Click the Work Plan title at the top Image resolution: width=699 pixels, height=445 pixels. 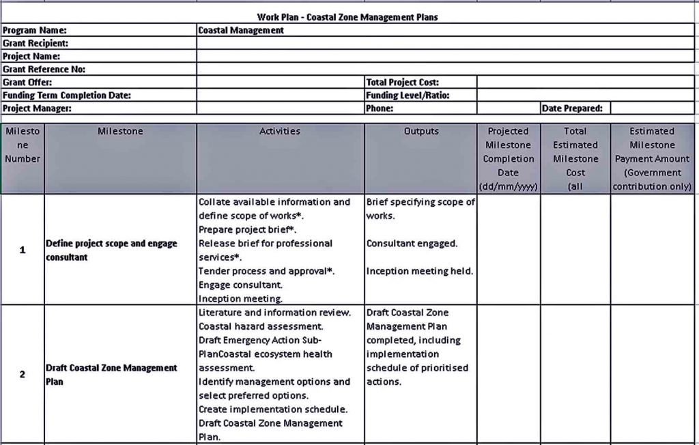347,17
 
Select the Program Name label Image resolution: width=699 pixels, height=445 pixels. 35,30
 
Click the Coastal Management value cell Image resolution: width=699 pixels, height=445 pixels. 241,30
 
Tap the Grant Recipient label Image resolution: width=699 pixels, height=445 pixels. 35,43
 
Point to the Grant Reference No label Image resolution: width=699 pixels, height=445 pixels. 44,69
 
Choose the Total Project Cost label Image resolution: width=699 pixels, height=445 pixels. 402,82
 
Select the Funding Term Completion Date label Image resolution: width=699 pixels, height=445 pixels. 67,96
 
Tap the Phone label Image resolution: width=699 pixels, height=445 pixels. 380,108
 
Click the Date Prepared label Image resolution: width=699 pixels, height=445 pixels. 572,108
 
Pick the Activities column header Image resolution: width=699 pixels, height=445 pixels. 280,131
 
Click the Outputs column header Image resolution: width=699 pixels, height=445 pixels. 420,131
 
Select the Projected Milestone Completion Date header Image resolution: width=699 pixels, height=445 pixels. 508,158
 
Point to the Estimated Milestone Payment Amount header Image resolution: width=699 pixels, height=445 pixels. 652,158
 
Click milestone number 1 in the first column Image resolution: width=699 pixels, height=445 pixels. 23,250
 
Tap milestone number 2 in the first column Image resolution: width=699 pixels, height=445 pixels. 23,374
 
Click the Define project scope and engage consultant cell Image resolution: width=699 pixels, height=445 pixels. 111,250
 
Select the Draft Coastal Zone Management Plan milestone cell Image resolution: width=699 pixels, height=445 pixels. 111,374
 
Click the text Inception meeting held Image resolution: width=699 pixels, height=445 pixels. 419,271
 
